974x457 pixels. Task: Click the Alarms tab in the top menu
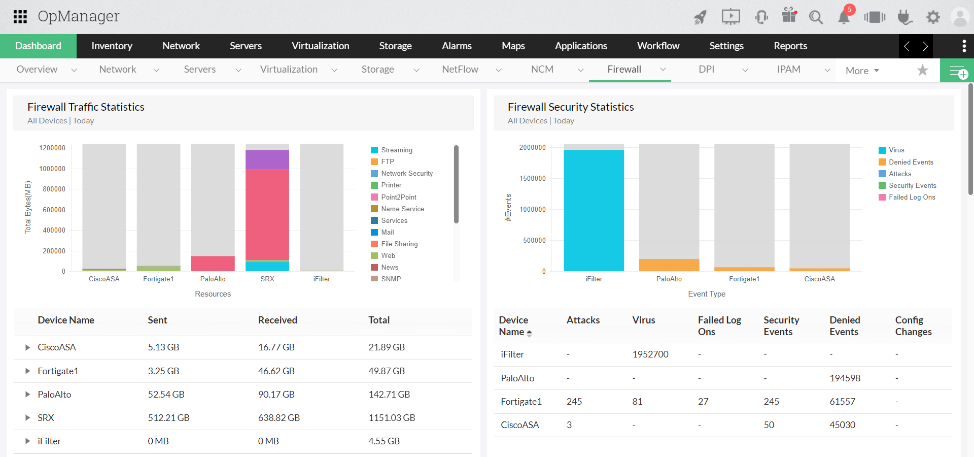click(x=457, y=46)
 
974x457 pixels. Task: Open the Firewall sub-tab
click(x=624, y=70)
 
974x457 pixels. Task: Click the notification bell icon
click(x=844, y=17)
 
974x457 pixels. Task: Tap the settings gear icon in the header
click(x=933, y=17)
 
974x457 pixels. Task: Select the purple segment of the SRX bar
click(x=267, y=159)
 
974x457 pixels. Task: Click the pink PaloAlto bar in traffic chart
click(x=213, y=263)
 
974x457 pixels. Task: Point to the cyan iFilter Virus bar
click(x=594, y=210)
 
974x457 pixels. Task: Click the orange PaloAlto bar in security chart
click(x=669, y=265)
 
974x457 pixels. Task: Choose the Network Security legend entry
click(x=407, y=173)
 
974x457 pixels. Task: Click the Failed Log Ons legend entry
click(x=912, y=197)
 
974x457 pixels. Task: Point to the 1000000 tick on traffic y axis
click(x=52, y=169)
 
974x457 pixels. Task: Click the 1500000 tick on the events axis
click(x=532, y=178)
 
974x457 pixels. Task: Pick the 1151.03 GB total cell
click(x=392, y=417)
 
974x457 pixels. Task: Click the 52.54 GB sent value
click(x=166, y=394)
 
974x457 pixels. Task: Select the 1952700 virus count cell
click(x=650, y=354)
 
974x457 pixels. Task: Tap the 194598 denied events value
click(x=845, y=378)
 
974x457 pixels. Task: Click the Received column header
click(x=277, y=320)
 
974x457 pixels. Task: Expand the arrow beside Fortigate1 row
click(x=27, y=371)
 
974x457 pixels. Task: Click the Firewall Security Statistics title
click(x=571, y=107)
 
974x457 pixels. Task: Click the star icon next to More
click(x=922, y=70)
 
